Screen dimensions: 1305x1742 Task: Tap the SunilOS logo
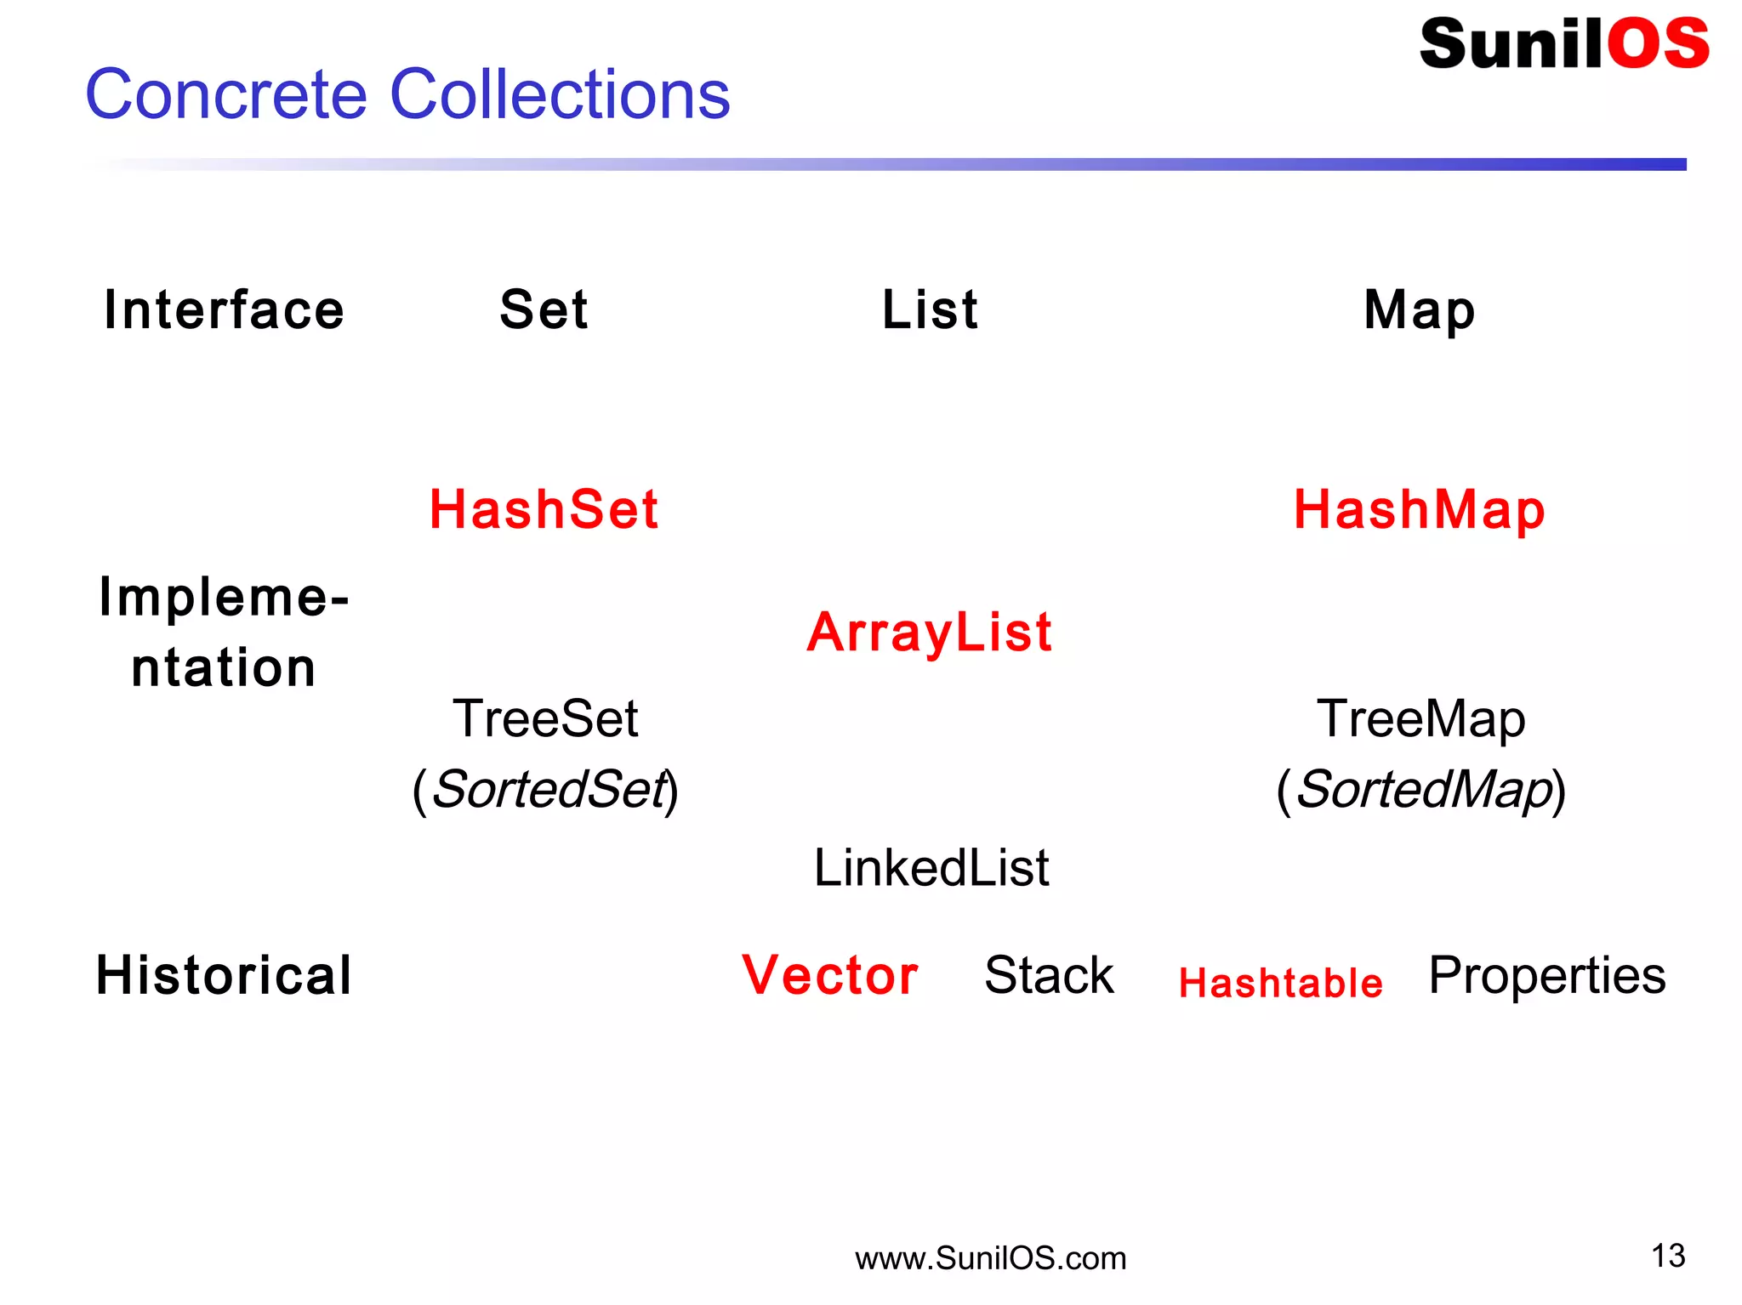(x=1563, y=44)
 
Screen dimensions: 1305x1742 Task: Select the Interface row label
(x=224, y=309)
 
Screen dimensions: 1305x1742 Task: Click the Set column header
(x=544, y=309)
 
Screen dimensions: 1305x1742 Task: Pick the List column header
(x=930, y=309)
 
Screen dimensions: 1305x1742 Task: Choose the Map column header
(x=1419, y=309)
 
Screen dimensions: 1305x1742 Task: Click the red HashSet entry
(x=544, y=510)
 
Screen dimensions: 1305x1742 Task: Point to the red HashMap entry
(x=1419, y=510)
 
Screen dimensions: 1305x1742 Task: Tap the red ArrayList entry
(x=930, y=633)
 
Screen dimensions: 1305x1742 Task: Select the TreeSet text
(x=544, y=718)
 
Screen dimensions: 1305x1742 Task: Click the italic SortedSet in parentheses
(x=549, y=789)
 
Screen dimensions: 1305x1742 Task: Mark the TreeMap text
(x=1420, y=718)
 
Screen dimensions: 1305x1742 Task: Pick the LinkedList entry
(x=931, y=868)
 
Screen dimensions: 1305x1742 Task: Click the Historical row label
(x=224, y=975)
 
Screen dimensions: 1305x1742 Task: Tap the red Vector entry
(x=830, y=975)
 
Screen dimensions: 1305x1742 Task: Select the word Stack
(x=1049, y=975)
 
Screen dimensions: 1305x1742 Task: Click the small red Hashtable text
(x=1280, y=984)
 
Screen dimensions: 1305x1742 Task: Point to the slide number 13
(x=1668, y=1256)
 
